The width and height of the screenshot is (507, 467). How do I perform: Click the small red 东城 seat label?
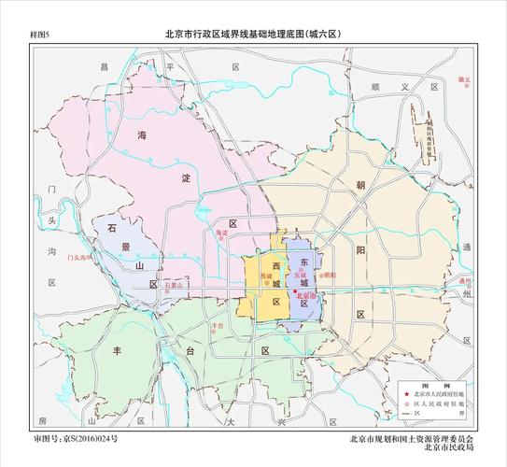[x=301, y=276]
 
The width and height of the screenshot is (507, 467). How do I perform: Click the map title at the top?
[x=255, y=34]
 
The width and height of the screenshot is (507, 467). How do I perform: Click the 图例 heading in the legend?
[x=432, y=385]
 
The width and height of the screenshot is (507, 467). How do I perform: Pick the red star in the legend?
[x=404, y=395]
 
